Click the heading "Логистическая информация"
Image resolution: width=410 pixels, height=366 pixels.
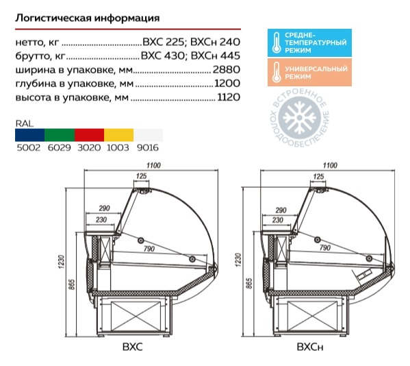[88, 18]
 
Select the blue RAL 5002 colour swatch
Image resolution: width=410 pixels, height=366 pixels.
[30, 135]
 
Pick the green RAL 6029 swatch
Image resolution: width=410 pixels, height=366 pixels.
[60, 135]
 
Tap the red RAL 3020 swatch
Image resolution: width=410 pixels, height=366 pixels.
[90, 135]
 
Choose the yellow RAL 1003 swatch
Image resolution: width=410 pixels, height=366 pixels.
[119, 135]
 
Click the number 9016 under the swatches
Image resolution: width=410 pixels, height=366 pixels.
[148, 147]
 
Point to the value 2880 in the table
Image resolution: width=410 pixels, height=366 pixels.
[227, 69]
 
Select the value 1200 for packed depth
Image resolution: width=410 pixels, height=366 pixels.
[227, 83]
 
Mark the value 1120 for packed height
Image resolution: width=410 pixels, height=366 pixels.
[229, 97]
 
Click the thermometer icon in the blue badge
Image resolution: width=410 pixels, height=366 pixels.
[277, 42]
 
